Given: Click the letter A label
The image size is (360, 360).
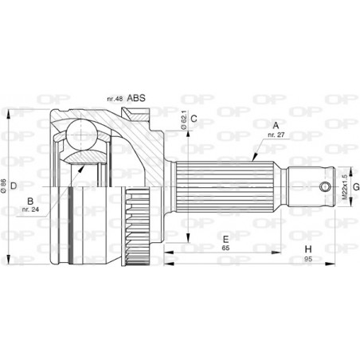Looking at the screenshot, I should coord(276,125).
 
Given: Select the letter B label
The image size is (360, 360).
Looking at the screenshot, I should coord(29,201).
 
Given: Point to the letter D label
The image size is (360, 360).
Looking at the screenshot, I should coord(14,186).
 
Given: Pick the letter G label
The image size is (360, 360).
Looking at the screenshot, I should coord(356,187).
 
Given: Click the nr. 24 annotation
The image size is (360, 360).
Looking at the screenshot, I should coord(30,213).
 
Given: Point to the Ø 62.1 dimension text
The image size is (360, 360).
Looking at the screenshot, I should coord(182,121).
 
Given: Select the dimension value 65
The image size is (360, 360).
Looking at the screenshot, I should coord(226,248).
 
